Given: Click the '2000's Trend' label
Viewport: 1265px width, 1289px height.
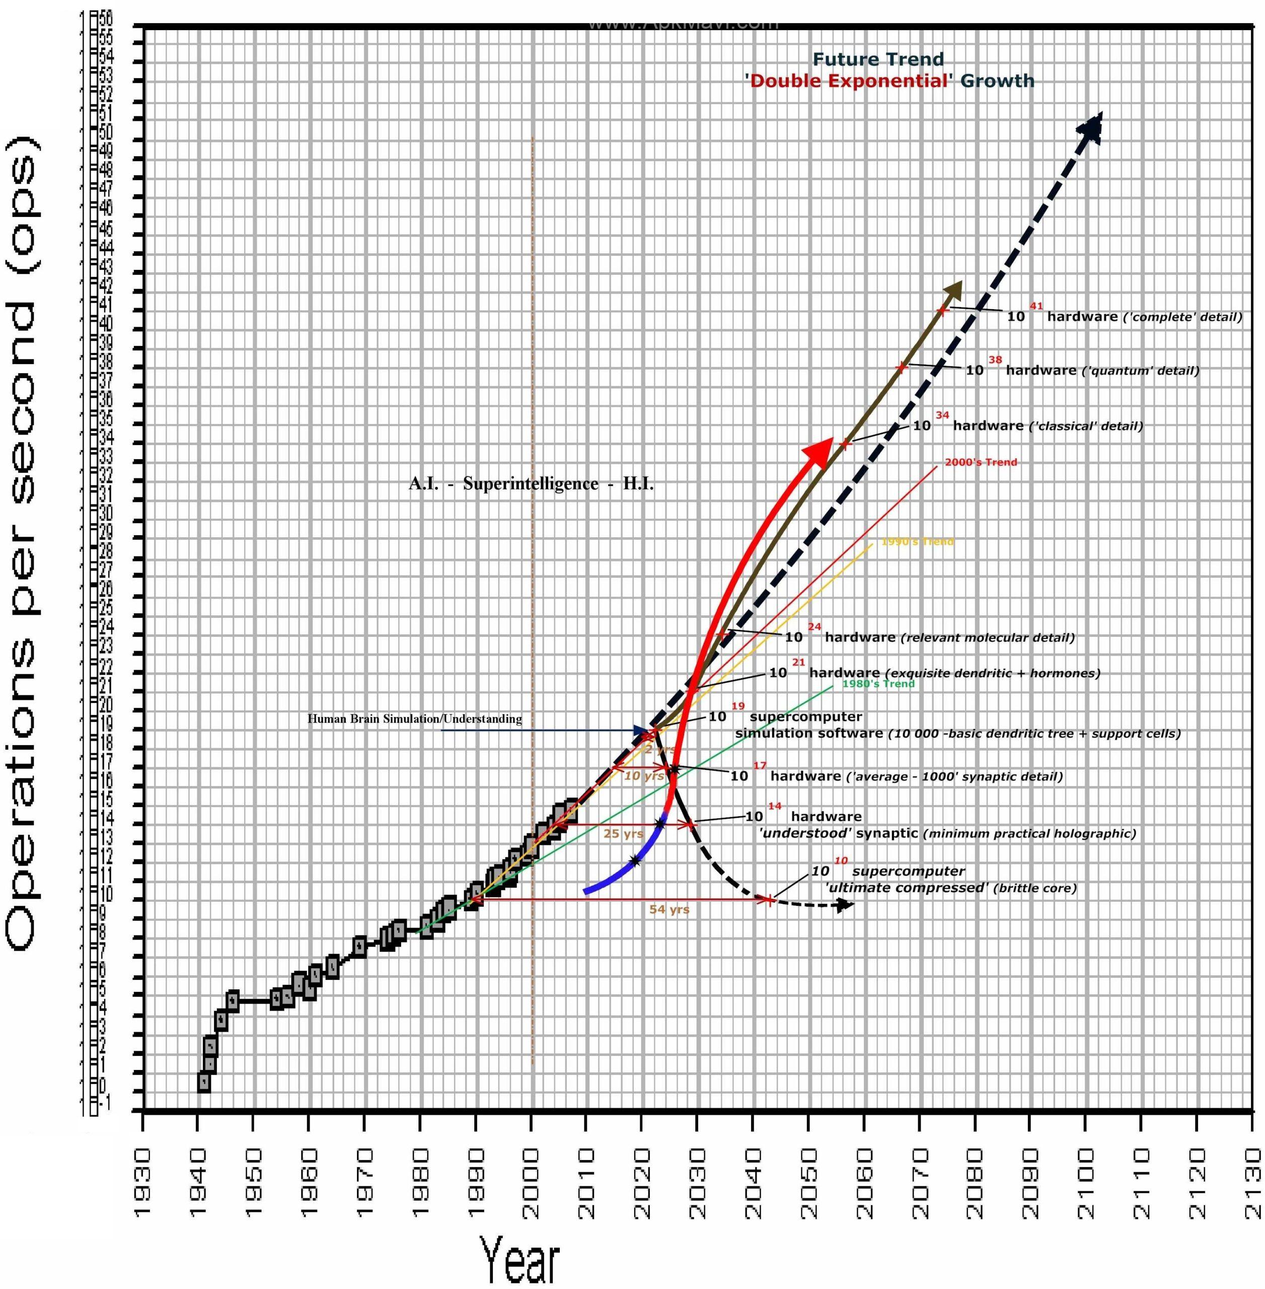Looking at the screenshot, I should point(981,462).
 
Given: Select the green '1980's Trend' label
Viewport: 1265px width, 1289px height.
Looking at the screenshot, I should point(878,684).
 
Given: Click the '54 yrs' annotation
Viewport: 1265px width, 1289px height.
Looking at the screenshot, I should point(669,910).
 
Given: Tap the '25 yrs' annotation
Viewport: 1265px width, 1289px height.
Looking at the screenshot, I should point(623,834).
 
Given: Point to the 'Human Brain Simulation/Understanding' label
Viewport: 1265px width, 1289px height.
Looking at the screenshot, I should point(415,719).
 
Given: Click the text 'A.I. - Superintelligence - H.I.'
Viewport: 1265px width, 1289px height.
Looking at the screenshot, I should point(531,484).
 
